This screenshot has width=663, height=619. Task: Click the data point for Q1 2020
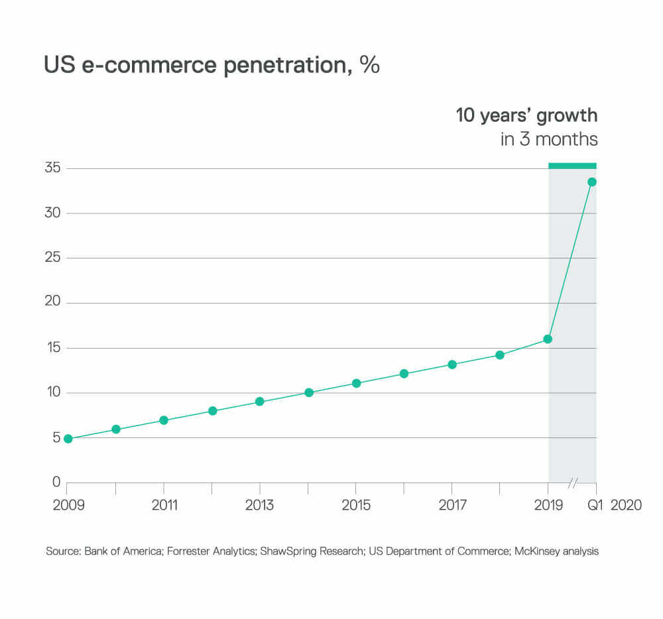592,182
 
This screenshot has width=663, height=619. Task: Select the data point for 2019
548,339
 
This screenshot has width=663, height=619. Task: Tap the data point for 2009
68,438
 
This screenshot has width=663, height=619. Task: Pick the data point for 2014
308,392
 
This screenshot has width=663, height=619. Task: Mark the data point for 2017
452,365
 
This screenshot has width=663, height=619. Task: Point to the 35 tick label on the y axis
53,168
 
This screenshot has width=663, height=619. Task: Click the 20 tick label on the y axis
53,302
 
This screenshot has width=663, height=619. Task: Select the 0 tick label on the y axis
57,482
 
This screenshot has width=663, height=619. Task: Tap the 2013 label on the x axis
259,505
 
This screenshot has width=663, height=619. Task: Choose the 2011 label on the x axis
164,505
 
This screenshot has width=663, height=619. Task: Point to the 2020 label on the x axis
626,505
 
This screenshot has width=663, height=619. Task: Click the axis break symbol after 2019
572,482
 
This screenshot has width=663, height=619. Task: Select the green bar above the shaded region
572,165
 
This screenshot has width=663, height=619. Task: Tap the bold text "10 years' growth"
526,115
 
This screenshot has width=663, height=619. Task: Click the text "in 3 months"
549,139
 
